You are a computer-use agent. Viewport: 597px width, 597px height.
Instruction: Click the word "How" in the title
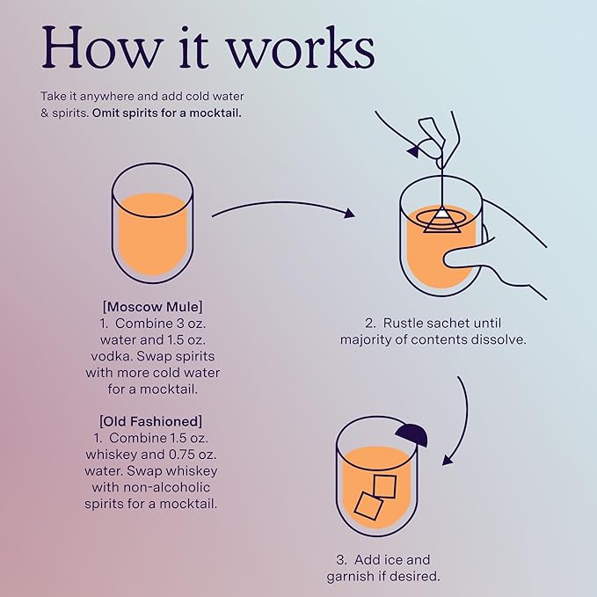102,47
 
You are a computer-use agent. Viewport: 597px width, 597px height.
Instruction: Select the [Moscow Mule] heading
153,307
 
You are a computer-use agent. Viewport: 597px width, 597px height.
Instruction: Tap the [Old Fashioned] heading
150,421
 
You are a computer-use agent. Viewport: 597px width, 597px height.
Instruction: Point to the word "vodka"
112,356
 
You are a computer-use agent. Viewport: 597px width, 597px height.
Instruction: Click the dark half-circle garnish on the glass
411,435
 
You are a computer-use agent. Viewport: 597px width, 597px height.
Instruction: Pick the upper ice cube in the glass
385,486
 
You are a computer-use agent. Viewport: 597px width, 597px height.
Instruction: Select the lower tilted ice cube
368,506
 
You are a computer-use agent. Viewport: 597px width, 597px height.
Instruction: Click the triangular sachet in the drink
442,220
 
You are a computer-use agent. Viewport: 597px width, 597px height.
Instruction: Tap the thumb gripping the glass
469,257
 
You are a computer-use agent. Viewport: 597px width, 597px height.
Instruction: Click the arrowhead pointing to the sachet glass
349,213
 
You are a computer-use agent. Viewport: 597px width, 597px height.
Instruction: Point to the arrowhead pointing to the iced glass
448,459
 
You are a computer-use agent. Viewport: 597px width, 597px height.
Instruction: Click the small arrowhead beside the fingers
413,152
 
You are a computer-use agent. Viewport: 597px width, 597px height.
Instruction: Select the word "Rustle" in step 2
403,323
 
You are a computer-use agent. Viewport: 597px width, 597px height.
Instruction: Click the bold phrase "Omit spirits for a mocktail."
167,113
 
